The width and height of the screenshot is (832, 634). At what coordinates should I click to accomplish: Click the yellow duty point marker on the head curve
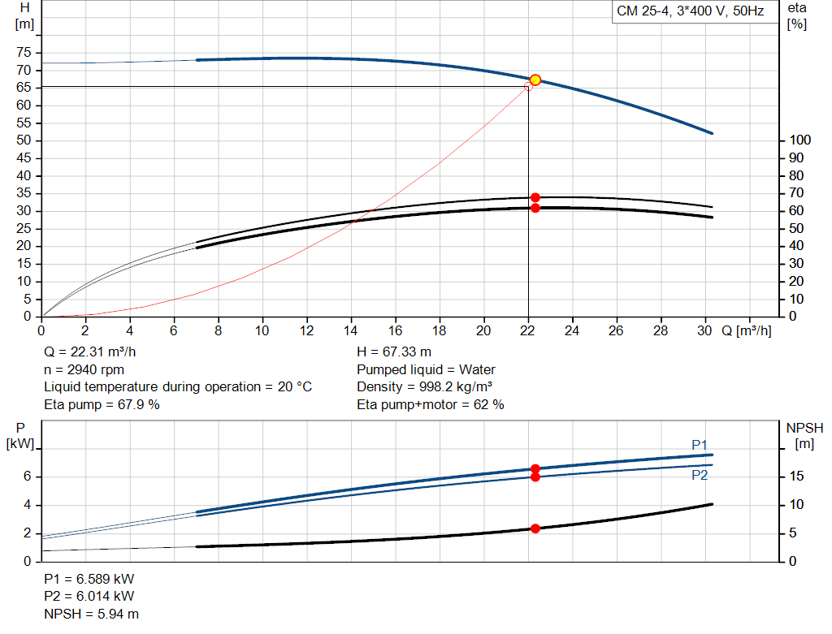(x=535, y=80)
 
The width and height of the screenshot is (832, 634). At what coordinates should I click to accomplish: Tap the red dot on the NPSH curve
(x=535, y=528)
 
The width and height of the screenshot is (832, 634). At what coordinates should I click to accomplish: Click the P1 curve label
(x=700, y=444)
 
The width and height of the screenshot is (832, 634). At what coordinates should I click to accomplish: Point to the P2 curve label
(x=700, y=475)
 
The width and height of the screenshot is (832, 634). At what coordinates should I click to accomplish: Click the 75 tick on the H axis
(x=24, y=53)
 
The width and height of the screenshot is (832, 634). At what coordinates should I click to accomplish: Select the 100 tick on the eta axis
(x=799, y=140)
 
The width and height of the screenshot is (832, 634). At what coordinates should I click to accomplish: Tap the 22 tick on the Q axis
(x=528, y=330)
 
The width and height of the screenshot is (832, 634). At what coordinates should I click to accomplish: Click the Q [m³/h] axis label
(x=747, y=330)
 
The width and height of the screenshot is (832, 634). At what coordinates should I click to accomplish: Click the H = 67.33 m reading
(x=394, y=352)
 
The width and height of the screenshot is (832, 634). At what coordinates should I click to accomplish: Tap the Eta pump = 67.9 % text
(x=102, y=404)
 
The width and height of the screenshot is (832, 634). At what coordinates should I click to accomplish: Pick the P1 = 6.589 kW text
(x=89, y=580)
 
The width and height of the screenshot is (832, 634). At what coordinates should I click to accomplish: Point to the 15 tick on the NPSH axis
(x=797, y=477)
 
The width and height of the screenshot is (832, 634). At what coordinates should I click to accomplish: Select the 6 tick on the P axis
(x=27, y=477)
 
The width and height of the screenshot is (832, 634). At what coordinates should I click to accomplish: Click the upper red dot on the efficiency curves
(x=535, y=197)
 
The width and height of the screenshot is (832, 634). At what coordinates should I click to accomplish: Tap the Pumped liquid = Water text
(x=426, y=369)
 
